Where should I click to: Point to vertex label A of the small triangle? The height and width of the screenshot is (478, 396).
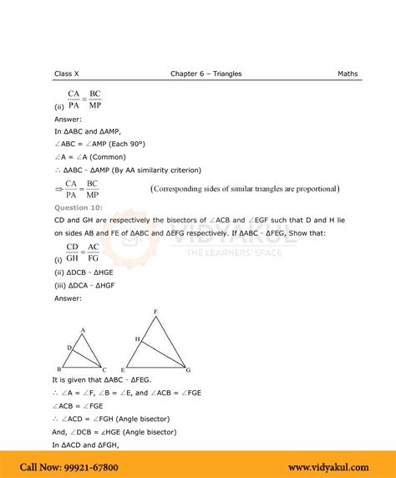(x=83, y=330)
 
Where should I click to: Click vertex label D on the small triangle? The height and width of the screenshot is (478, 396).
(x=69, y=347)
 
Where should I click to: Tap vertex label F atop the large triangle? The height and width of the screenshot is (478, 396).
(x=155, y=312)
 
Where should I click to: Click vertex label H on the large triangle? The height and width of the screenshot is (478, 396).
(x=136, y=338)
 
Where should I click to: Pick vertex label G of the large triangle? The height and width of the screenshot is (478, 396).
(x=188, y=369)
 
